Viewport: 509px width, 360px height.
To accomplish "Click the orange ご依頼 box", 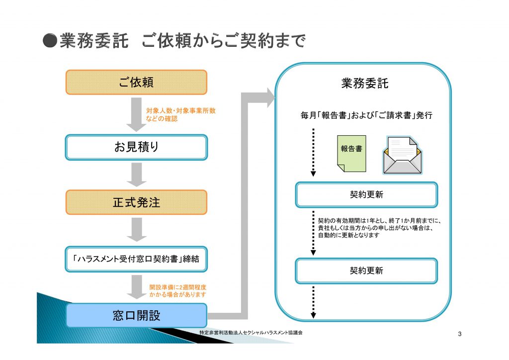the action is (136, 83).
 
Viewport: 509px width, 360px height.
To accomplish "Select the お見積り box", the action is (136, 147).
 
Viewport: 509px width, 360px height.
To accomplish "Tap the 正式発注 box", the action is (136, 202).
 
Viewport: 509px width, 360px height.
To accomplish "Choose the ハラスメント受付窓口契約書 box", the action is (136, 259).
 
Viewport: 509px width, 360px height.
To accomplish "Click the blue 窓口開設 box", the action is (136, 315).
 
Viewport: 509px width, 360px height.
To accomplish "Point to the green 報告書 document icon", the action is (351, 154).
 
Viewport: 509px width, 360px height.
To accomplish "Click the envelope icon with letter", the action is (403, 155).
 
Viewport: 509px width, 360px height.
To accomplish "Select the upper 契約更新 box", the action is (366, 195).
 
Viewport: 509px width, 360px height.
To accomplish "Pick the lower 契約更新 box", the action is (366, 270).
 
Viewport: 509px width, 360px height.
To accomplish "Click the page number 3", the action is (460, 334).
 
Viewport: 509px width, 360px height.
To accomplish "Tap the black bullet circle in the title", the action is (50, 41).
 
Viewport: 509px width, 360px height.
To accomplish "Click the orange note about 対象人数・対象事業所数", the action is (180, 114).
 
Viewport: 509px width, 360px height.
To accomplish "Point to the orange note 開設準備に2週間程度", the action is (178, 291).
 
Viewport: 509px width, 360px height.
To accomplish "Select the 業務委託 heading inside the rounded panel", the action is (365, 84).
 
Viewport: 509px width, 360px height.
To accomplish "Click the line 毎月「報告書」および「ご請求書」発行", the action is (366, 115).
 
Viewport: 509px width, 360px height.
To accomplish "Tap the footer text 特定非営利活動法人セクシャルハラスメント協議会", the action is (251, 333).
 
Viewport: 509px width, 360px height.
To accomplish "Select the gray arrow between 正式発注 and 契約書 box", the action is (136, 230).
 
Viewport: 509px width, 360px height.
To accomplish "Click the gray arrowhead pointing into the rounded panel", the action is (271, 97).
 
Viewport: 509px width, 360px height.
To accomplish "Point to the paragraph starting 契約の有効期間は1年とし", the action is (379, 228).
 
